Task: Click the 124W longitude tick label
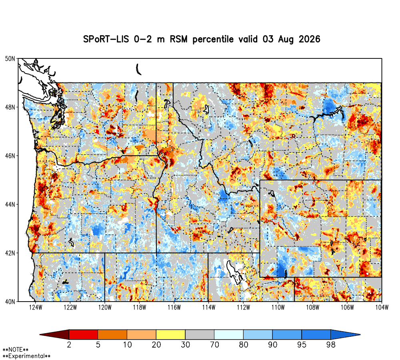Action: coord(36,307)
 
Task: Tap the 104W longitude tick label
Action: coord(382,307)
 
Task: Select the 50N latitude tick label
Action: coord(10,59)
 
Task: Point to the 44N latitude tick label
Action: coord(10,204)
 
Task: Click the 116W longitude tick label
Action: coord(174,307)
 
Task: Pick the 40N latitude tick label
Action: coord(10,302)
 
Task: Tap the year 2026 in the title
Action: coord(309,39)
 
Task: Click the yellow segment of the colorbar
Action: coord(171,334)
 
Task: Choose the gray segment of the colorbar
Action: coord(200,334)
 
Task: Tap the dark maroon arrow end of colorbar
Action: coord(54,334)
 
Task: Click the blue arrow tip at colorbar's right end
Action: coord(346,334)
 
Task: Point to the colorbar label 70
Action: coord(214,345)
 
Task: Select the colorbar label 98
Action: coord(331,345)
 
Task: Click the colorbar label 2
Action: coord(69,345)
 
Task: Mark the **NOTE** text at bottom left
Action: coord(15,350)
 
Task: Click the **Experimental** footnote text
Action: coord(26,356)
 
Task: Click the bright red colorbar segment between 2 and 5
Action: coord(84,334)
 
